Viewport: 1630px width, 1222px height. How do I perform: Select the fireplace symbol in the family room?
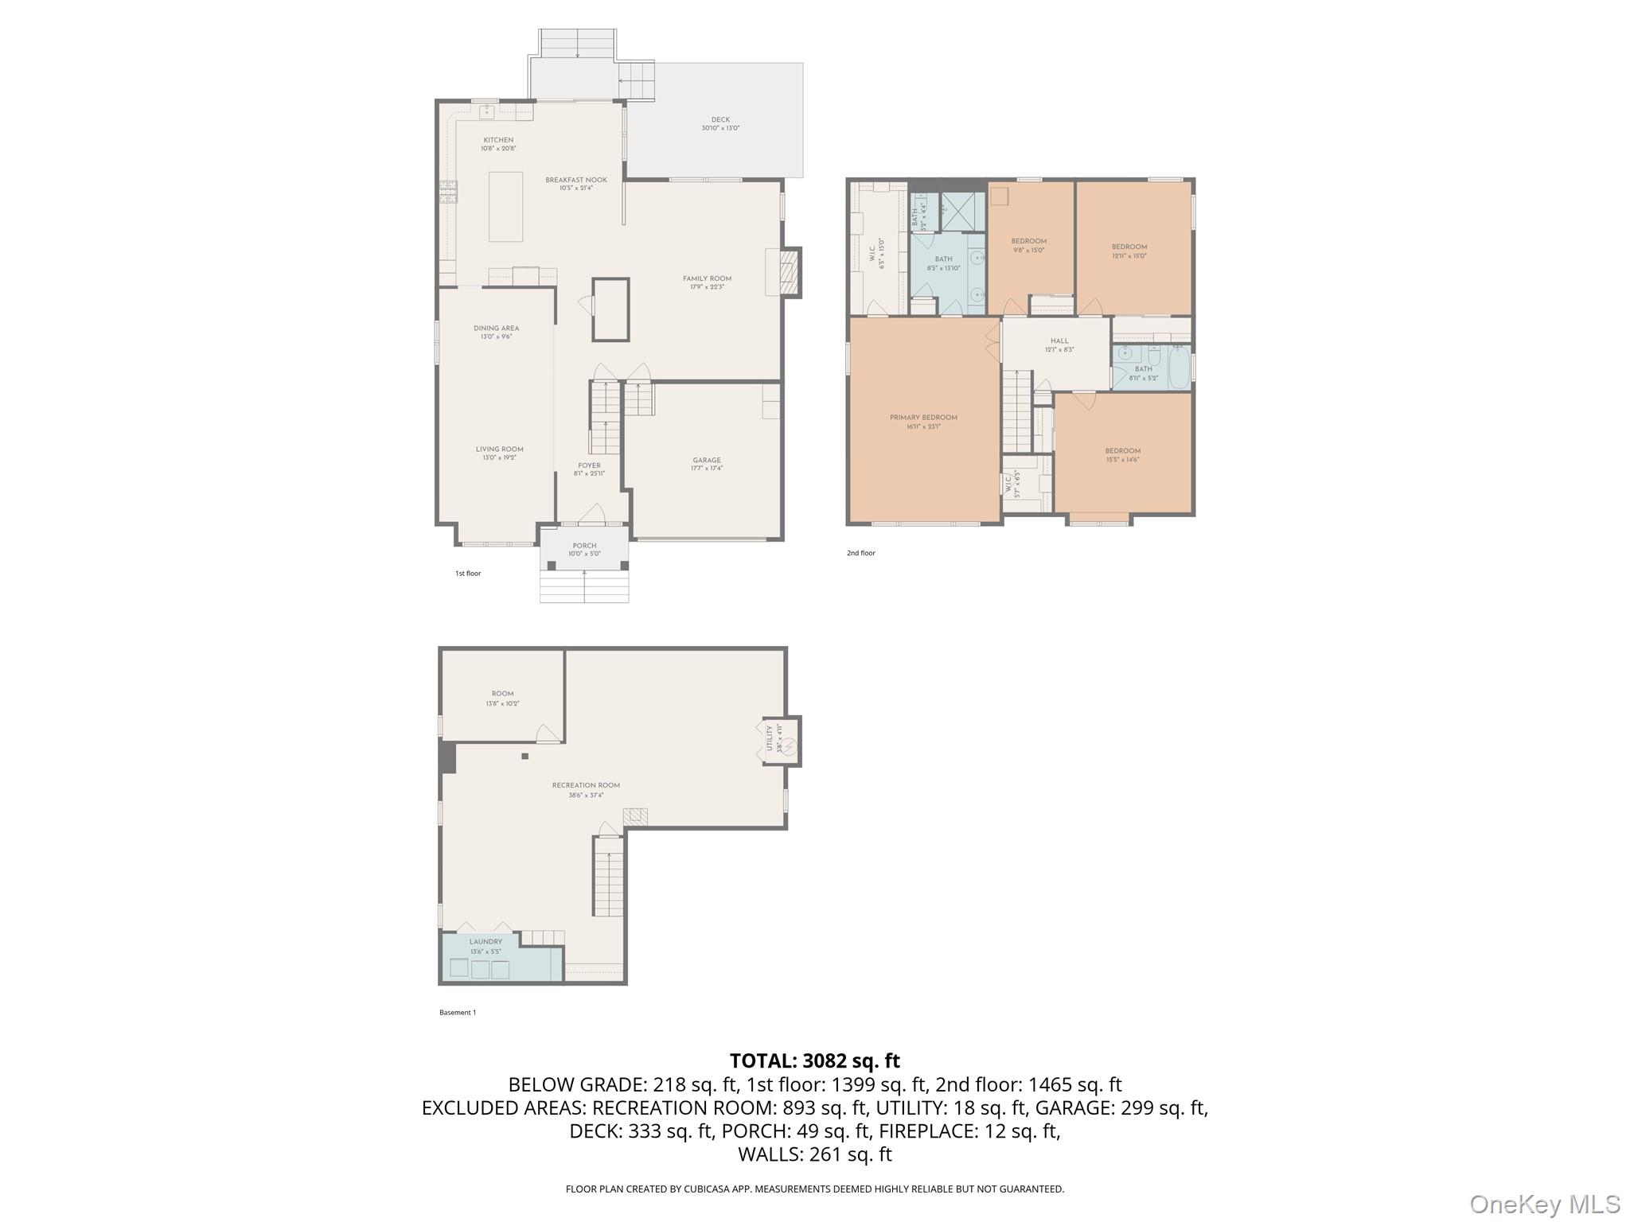coord(786,272)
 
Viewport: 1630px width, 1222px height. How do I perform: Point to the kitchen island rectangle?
coord(505,206)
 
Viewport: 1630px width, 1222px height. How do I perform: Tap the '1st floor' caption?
coord(468,574)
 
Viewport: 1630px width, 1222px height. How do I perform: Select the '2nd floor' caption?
coord(860,553)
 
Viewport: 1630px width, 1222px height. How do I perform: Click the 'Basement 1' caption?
coord(458,1013)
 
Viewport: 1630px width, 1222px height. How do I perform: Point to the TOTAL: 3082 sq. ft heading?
coord(814,1060)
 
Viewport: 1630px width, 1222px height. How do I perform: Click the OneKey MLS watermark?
coord(1544,1204)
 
